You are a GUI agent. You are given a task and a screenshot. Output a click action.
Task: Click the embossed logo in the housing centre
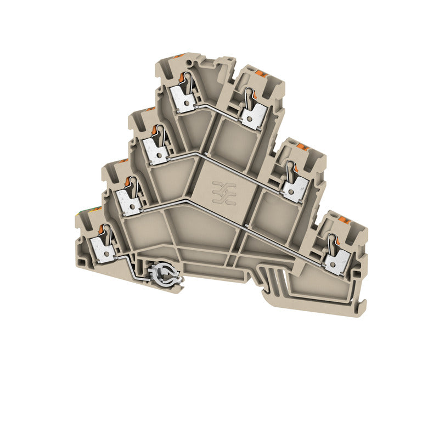coord(224,193)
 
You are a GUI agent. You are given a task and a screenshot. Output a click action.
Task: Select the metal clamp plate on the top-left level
coord(182,100)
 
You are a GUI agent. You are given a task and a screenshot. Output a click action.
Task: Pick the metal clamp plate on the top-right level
coord(254,116)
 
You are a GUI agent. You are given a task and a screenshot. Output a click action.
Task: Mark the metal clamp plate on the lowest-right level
coord(336,262)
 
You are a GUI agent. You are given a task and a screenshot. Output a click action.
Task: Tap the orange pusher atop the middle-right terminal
coord(303,148)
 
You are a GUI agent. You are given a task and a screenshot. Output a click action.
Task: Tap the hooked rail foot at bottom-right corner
coord(359,307)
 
